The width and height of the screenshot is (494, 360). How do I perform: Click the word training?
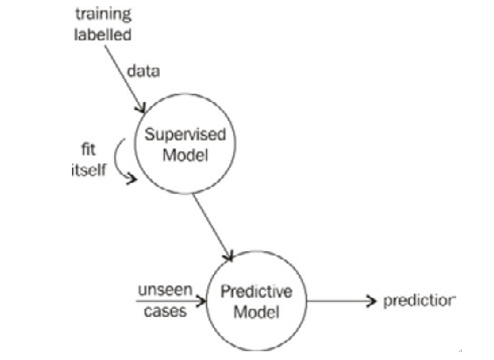(103, 15)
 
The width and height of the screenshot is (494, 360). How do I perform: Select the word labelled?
(103, 34)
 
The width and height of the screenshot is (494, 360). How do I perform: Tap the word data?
(143, 71)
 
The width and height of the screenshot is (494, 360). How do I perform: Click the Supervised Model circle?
(135, 144)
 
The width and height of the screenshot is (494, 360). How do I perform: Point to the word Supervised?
(185, 135)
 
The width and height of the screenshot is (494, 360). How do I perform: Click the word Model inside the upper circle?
(185, 155)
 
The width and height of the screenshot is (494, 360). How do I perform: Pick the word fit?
(89, 149)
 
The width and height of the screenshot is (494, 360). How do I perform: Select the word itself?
(89, 170)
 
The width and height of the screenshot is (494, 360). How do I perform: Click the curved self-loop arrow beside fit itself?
(115, 159)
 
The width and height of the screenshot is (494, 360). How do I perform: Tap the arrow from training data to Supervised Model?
(125, 79)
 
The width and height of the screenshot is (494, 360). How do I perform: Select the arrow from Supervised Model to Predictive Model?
(213, 227)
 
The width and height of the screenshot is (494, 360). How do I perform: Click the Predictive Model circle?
(207, 301)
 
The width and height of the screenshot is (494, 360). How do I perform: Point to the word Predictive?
(256, 292)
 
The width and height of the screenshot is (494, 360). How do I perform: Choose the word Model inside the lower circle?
(256, 312)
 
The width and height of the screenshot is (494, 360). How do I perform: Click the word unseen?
(165, 290)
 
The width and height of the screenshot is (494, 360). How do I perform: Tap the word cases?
(165, 312)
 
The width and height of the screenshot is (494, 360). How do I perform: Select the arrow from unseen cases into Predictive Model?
(171, 301)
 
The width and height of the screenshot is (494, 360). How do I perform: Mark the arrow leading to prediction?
(341, 301)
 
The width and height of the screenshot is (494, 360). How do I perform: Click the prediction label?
(419, 301)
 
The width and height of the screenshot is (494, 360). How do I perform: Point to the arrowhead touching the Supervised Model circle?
(140, 108)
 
